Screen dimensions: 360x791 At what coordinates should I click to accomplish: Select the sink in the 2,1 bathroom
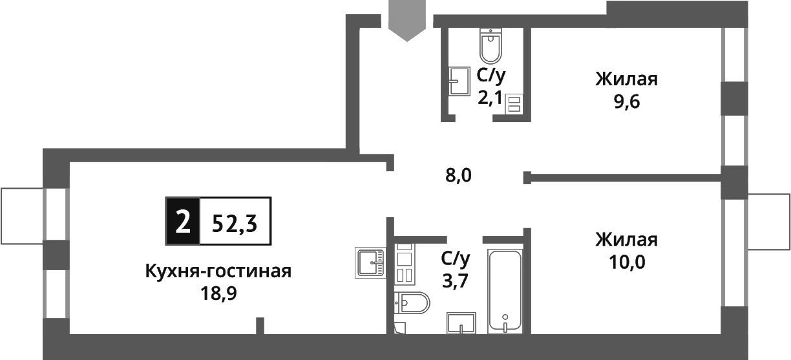click(x=459, y=81)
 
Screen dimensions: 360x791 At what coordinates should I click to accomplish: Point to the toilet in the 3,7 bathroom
click(x=413, y=302)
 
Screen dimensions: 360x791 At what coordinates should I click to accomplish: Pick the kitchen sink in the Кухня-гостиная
click(x=370, y=262)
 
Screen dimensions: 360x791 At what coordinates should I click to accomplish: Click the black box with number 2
click(x=183, y=221)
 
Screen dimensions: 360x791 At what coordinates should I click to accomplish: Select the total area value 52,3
click(x=234, y=222)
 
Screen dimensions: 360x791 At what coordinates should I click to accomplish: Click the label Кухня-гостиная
click(x=218, y=271)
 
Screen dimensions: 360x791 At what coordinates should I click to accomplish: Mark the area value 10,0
click(x=626, y=262)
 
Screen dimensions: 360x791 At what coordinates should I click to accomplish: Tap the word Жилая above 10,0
click(x=626, y=240)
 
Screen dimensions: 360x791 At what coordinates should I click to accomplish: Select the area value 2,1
click(x=490, y=98)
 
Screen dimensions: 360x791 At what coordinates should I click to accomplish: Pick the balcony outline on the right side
click(x=768, y=221)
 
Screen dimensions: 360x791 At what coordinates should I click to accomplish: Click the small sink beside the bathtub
click(x=461, y=323)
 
